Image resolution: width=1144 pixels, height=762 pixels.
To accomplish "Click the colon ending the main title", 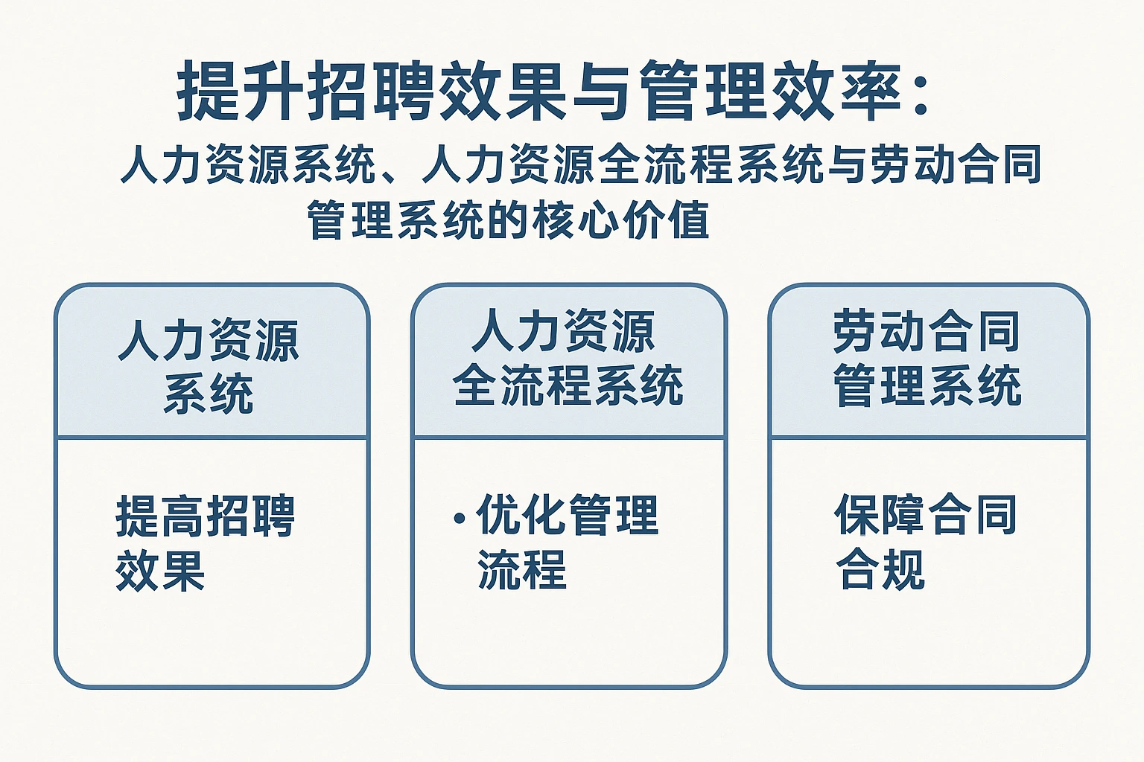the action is pyautogui.click(x=920, y=94).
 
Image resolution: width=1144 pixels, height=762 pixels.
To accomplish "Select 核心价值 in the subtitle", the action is pyautogui.click(x=620, y=220).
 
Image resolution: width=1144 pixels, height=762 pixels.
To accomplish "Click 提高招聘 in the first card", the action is pyautogui.click(x=206, y=515).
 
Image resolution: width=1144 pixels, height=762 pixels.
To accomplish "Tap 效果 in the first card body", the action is pyautogui.click(x=160, y=570).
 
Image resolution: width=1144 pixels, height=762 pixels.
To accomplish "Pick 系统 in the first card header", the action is pyautogui.click(x=209, y=393).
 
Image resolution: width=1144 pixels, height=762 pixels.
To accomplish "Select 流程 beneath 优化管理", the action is pyautogui.click(x=521, y=569).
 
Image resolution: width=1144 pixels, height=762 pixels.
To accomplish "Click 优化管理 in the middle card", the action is pyautogui.click(x=567, y=515).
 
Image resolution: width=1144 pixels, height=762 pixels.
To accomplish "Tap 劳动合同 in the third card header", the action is pyautogui.click(x=927, y=332).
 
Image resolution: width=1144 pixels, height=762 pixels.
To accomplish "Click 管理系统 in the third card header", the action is pyautogui.click(x=927, y=385).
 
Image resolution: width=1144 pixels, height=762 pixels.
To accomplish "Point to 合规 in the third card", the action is pyautogui.click(x=880, y=569).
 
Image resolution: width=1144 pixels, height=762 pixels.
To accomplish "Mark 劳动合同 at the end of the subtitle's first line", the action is pyautogui.click(x=956, y=164).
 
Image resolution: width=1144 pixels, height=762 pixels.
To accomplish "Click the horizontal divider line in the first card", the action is pyautogui.click(x=212, y=438).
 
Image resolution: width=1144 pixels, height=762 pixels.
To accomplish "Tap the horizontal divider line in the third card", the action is pyautogui.click(x=929, y=438).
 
